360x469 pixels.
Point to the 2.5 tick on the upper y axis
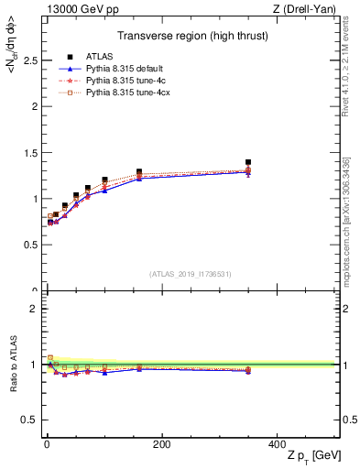pyautogui.click(x=29, y=60)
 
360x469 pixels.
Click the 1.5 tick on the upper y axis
pyautogui.click(x=29, y=153)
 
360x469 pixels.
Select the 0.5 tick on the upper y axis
pyautogui.click(x=29, y=245)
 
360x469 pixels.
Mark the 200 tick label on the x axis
pyautogui.click(x=161, y=444)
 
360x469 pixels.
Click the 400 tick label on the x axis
pyautogui.click(x=276, y=444)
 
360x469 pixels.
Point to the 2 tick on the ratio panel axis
pyautogui.click(x=34, y=309)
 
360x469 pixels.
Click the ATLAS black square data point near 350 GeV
pyautogui.click(x=248, y=162)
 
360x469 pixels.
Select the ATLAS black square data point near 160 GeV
pyautogui.click(x=139, y=171)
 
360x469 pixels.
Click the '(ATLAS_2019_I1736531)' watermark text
pyautogui.click(x=191, y=274)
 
